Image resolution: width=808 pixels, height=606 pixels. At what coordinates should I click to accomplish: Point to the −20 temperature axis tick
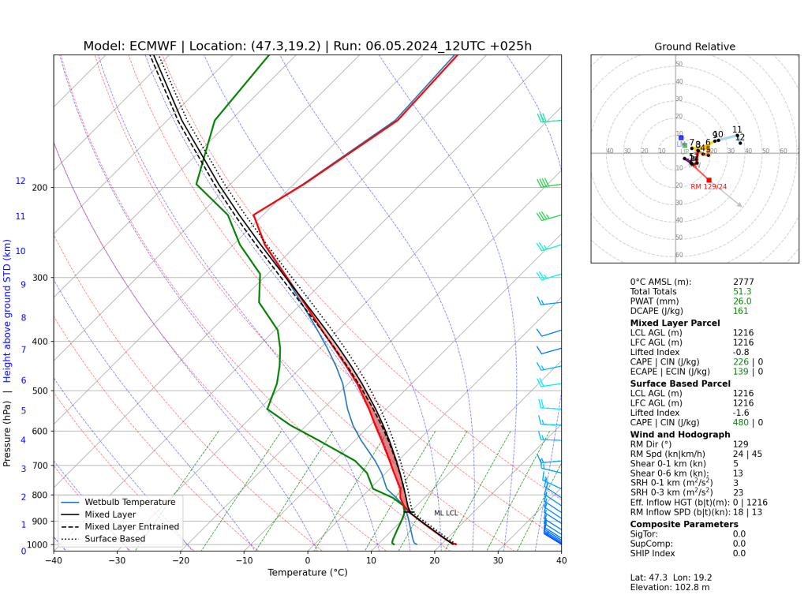(181, 561)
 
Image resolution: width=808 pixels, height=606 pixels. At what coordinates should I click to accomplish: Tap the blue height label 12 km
(21, 181)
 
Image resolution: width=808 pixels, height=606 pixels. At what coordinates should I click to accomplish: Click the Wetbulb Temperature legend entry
(129, 502)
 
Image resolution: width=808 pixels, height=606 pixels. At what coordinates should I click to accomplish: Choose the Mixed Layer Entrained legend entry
(132, 526)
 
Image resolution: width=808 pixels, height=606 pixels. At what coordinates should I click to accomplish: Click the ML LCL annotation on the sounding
(445, 514)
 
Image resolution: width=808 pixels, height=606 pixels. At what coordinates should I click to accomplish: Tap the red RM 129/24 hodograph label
(709, 187)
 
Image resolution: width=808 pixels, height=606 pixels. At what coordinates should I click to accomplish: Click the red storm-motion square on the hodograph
(709, 180)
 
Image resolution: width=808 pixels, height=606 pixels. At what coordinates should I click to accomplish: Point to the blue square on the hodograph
(681, 138)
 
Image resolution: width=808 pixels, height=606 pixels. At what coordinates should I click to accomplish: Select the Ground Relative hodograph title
(694, 47)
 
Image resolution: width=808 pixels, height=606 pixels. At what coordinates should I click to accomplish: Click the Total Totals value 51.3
(743, 291)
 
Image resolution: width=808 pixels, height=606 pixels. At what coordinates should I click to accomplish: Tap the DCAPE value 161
(740, 311)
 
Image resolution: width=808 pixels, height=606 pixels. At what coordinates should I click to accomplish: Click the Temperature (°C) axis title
(307, 573)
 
